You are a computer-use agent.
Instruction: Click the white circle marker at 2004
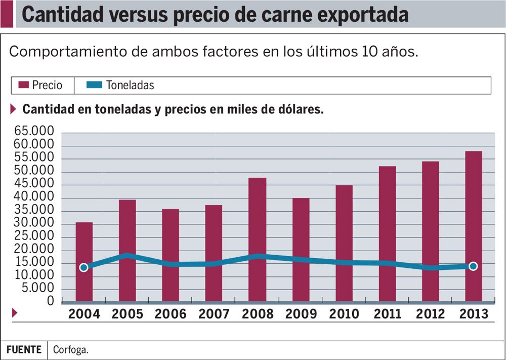[x=84, y=267]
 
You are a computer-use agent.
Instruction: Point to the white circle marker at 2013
[x=473, y=266]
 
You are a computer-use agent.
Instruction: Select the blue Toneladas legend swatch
[x=97, y=85]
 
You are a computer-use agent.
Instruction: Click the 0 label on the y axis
[x=51, y=301]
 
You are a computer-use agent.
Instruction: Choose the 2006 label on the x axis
[x=171, y=314]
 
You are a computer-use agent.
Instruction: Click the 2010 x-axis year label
[x=344, y=314]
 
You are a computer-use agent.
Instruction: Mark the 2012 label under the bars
[x=431, y=314]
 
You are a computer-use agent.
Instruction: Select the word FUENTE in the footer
[x=24, y=350]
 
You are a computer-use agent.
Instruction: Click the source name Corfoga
[x=70, y=350]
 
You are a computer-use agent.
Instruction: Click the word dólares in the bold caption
[x=299, y=110]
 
